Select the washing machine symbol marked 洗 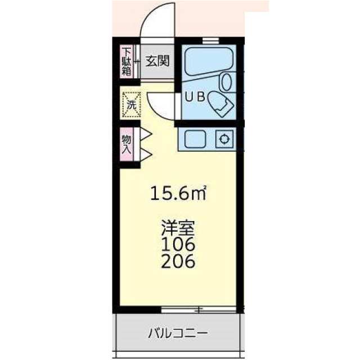(x=130, y=103)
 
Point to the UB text (x=193, y=96)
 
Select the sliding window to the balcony (x=198, y=309)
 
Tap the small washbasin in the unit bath (x=227, y=82)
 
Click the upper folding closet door (x=144, y=135)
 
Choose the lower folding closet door (x=144, y=153)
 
